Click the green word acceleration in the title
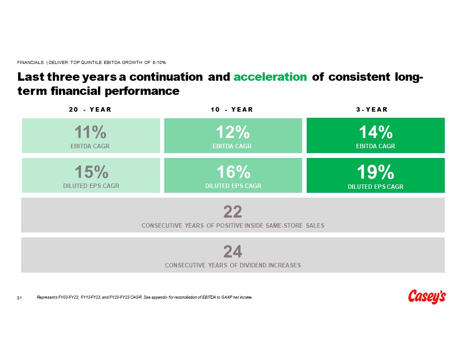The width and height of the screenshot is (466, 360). (x=270, y=77)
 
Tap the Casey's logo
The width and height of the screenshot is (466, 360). (x=427, y=297)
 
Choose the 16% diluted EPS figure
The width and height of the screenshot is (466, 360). (x=233, y=172)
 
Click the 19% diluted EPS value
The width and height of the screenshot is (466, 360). (x=376, y=172)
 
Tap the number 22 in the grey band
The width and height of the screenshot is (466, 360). (x=233, y=212)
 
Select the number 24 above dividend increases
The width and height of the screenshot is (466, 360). (x=233, y=251)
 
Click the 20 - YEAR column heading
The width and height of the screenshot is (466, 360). (x=90, y=110)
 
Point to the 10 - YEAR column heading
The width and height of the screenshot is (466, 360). (x=232, y=110)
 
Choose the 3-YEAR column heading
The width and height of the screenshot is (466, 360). (x=372, y=110)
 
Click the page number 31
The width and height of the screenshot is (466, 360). (x=19, y=299)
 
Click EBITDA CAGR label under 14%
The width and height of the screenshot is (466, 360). (x=376, y=146)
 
